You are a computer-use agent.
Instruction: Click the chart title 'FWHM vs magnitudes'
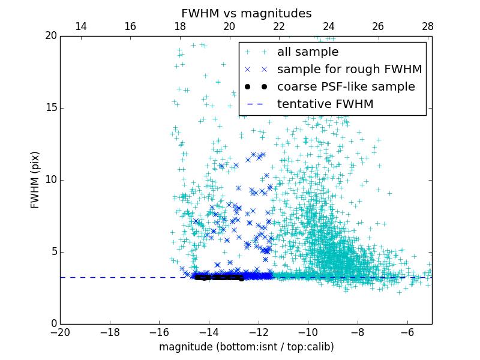246,13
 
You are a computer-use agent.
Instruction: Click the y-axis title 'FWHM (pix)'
35,179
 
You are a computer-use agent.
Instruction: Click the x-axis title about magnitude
246,347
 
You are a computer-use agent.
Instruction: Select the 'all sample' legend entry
308,52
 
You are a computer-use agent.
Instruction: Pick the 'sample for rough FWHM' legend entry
349,70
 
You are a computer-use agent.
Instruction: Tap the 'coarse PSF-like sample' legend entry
346,87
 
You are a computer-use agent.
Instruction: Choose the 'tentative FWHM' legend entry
325,104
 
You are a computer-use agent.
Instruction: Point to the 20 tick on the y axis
50,36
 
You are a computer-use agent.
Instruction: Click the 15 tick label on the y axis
50,108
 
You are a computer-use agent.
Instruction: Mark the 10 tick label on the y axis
50,180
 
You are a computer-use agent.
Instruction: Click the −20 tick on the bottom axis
60,332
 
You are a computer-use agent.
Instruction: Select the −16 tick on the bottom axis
159,332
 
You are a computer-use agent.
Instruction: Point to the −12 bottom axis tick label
258,332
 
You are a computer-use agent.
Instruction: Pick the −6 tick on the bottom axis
407,332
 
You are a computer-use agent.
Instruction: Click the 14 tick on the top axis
80,26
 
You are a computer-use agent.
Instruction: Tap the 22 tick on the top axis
279,26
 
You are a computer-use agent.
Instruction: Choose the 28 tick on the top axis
428,26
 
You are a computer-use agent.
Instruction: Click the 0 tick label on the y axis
53,324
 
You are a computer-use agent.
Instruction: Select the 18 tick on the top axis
180,26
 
